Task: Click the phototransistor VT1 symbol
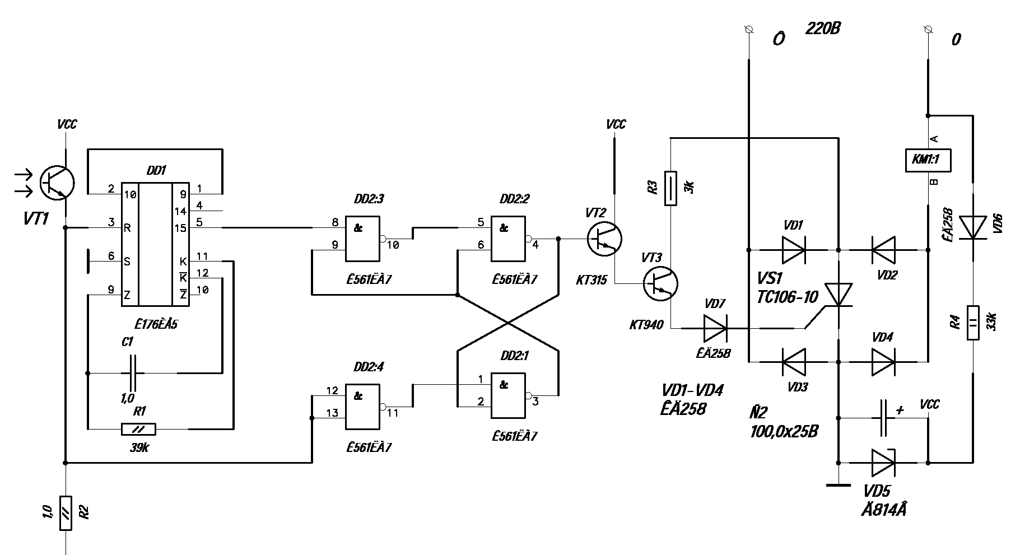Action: pos(57,183)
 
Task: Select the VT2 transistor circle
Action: pos(604,239)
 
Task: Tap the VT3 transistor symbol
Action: pos(659,284)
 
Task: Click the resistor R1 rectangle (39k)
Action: pos(138,430)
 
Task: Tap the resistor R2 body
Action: pos(66,513)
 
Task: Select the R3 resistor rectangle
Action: pos(670,188)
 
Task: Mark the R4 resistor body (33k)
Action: pos(973,323)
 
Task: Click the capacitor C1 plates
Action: pos(133,373)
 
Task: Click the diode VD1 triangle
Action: pos(794,250)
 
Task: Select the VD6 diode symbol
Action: pos(973,227)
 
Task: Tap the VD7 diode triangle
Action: pos(715,328)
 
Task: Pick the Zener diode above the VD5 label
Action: pos(883,463)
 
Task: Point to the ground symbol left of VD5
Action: pos(839,485)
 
